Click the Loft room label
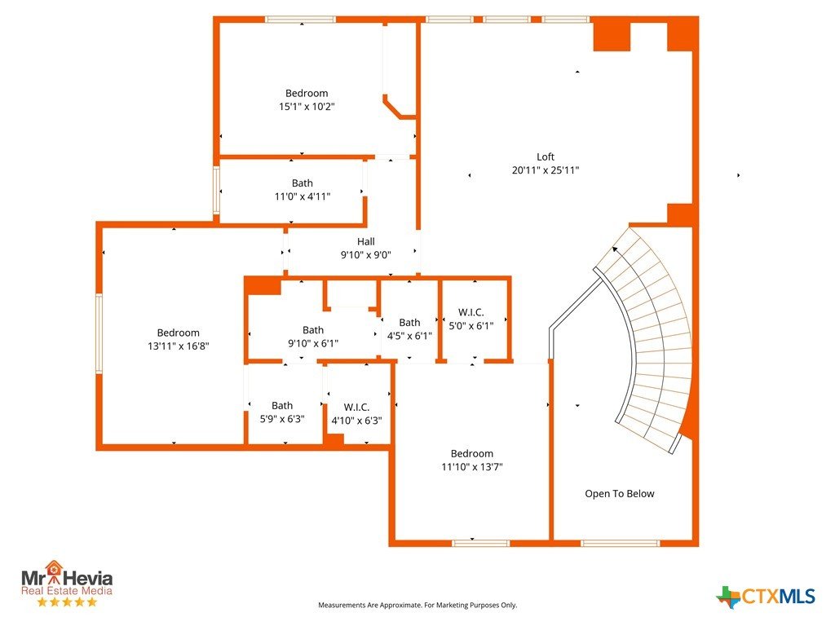coord(546,157)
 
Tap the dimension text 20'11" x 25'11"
coord(546,170)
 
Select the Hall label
coord(366,241)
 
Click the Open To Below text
coord(620,493)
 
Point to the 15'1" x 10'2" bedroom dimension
coord(307,107)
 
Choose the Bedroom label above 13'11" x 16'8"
coord(179,333)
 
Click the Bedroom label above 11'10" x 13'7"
coord(472,453)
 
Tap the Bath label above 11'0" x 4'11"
coord(303,183)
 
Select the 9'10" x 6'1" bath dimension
coord(313,343)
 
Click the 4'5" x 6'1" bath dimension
coord(409,336)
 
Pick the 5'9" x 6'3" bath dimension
coord(282,419)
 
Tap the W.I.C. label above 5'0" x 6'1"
coord(471,312)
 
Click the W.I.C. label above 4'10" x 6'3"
coord(357,408)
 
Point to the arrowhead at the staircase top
coord(615,249)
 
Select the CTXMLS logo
coord(766,597)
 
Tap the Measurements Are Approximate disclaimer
coord(417,605)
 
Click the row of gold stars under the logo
coord(67,602)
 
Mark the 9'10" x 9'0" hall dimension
coord(366,255)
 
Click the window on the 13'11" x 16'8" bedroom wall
coord(99,333)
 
